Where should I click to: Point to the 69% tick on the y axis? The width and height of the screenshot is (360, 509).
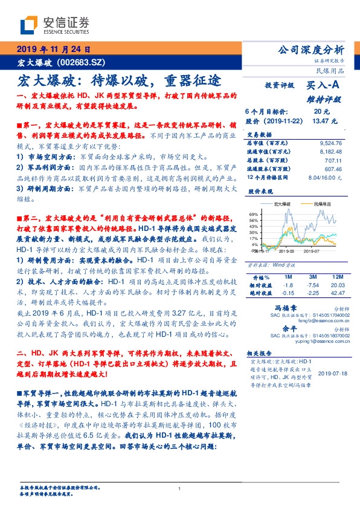point(254,214)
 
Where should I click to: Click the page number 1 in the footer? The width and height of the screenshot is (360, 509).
point(179,488)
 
